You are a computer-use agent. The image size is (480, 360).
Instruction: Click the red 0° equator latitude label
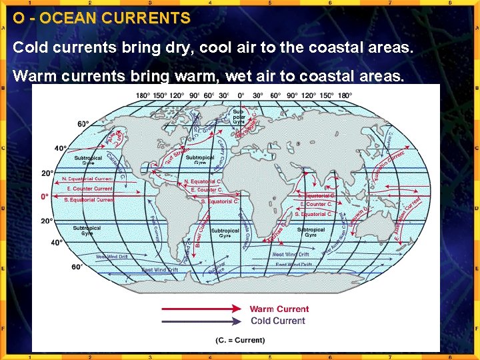(45, 197)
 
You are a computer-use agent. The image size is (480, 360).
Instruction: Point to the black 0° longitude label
(241, 95)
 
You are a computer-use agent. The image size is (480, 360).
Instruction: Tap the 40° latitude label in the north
(61, 148)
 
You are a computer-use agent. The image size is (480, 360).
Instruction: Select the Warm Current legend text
(279, 309)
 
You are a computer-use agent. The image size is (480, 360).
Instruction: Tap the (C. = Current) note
(240, 340)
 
